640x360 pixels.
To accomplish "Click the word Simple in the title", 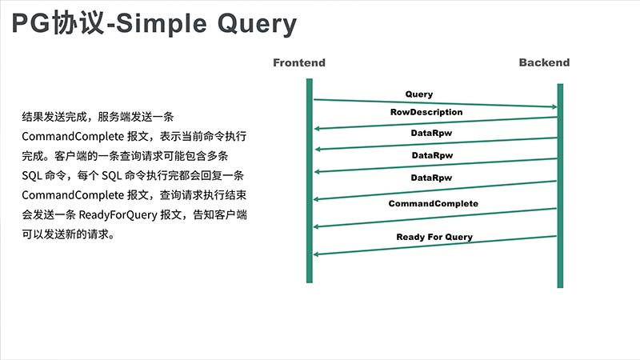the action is tap(162, 24).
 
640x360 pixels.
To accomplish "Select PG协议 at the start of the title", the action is tap(58, 23).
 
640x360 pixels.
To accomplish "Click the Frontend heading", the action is tap(299, 62).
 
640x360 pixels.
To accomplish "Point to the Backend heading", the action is tap(544, 62).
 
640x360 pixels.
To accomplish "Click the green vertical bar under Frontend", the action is tap(310, 181).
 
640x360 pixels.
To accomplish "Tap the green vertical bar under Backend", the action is tap(560, 186).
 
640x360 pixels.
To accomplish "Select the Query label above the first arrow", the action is tap(418, 94).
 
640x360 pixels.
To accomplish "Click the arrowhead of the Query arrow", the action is tap(554, 107).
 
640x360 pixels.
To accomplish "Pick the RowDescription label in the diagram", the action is tap(426, 112).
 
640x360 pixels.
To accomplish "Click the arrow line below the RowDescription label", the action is tap(435, 123).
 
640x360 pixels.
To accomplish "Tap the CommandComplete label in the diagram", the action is tap(433, 203).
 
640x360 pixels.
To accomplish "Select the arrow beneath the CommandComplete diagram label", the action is tap(435, 218).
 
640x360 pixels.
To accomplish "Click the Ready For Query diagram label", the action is tap(434, 237).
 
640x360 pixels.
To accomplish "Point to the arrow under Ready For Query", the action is tap(435, 246).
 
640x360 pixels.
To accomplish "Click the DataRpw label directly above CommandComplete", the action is tap(431, 178).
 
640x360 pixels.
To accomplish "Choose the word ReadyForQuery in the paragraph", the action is tap(118, 214).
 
